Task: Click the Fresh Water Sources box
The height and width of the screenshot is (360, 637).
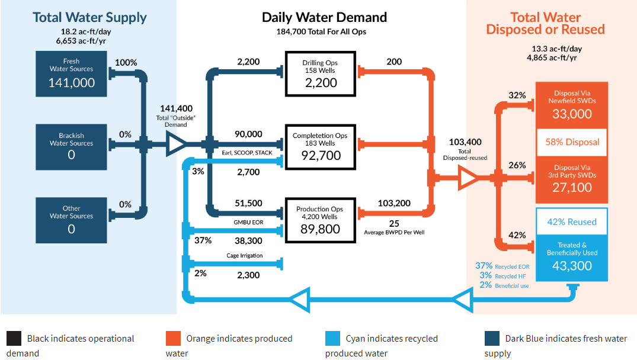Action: pos(71,74)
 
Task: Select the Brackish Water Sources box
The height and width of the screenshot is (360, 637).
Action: pos(71,147)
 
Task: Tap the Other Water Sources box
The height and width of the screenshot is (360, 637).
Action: pos(71,220)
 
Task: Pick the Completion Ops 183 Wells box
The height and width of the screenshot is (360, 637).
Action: pos(320,147)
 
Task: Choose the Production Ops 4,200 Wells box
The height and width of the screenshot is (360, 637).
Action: pos(320,220)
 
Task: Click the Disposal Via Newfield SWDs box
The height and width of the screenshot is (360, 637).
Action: pos(572,105)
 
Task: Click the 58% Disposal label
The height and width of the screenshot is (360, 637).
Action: pos(572,142)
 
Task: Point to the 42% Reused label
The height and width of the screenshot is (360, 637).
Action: pos(572,222)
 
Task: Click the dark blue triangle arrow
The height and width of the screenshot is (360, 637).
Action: pos(175,144)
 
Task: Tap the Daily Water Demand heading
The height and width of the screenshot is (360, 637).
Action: pos(324,17)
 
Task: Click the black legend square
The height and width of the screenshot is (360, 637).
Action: pos(14,339)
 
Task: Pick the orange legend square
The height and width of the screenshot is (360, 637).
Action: pos(173,339)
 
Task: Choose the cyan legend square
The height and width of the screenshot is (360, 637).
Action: pos(332,339)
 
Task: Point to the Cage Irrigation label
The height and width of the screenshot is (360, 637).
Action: pos(245,256)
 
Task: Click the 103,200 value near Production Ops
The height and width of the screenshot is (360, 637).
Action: pos(394,203)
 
